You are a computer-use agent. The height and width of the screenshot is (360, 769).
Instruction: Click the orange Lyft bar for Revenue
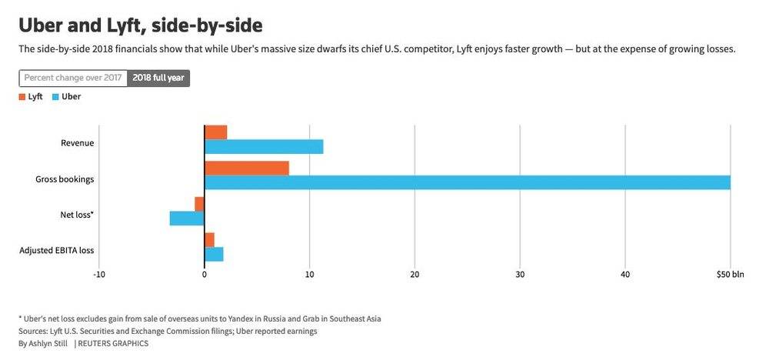point(216,132)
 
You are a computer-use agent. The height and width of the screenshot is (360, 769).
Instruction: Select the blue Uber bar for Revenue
point(264,146)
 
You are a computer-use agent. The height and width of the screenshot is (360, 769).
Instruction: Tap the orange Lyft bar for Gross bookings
point(247,168)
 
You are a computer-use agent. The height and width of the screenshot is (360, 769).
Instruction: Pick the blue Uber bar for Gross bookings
point(467,182)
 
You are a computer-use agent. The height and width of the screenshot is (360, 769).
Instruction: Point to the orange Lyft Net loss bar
point(200,204)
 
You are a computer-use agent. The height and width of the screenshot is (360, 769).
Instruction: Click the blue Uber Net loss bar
point(187,218)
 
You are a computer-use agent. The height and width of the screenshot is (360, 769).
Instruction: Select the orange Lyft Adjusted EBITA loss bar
point(210,239)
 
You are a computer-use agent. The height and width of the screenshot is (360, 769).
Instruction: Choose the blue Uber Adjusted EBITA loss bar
point(214,254)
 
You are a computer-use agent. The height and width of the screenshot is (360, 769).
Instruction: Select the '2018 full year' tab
point(159,78)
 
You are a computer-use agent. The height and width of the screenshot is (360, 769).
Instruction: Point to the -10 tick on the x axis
point(98,274)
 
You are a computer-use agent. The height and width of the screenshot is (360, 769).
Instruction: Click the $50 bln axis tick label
point(730,274)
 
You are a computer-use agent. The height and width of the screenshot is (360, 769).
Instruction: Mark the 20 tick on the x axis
point(415,274)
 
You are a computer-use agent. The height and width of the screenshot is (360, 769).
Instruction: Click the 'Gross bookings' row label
point(65,179)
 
